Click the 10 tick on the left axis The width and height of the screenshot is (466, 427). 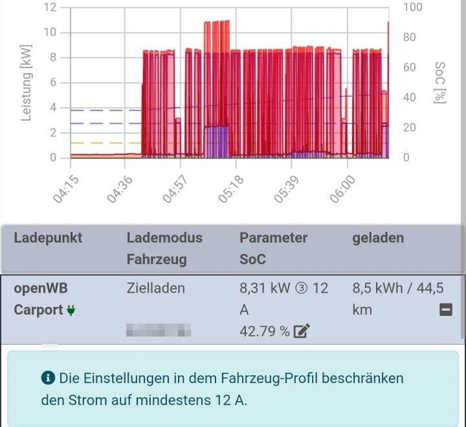pos(49,32)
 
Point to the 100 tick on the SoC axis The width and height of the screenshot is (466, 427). pos(412,7)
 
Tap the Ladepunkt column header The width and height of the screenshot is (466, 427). pos(48,238)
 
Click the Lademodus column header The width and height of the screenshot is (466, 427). pos(164,238)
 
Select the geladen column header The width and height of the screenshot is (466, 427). pos(378,238)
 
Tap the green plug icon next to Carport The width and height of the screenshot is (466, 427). pos(71,311)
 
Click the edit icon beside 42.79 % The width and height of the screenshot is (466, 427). pos(301,332)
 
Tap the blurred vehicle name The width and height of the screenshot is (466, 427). pos(159,331)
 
